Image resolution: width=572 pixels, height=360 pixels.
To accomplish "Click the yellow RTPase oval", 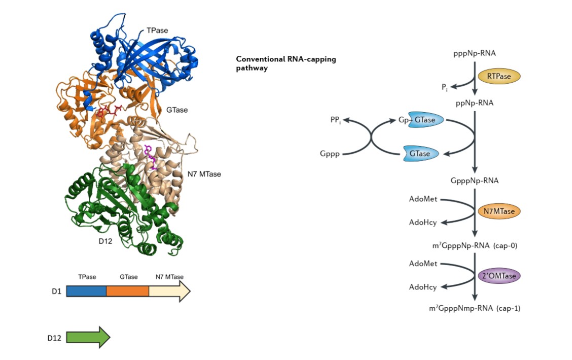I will coord(499,77).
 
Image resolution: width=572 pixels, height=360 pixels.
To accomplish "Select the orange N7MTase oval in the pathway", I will coord(499,211).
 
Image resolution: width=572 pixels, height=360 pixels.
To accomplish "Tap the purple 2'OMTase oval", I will coord(499,276).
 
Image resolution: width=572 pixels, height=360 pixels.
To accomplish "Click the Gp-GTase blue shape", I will coord(425,120).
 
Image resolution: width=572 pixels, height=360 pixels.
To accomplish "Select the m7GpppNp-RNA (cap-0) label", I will coord(475,246).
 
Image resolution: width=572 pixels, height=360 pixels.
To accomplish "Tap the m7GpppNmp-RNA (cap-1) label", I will coord(474,308).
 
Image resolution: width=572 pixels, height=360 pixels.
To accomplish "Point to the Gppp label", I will coord(330,153).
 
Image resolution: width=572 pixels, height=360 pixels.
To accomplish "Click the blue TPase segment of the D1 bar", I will coord(86,291).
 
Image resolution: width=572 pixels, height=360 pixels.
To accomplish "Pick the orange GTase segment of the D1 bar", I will coord(127,291).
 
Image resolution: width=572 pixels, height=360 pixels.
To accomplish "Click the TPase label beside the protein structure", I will coord(157,31).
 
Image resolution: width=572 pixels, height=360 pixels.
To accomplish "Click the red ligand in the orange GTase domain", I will coord(107,112).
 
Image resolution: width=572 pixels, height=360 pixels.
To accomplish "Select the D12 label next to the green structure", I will coord(105,241).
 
